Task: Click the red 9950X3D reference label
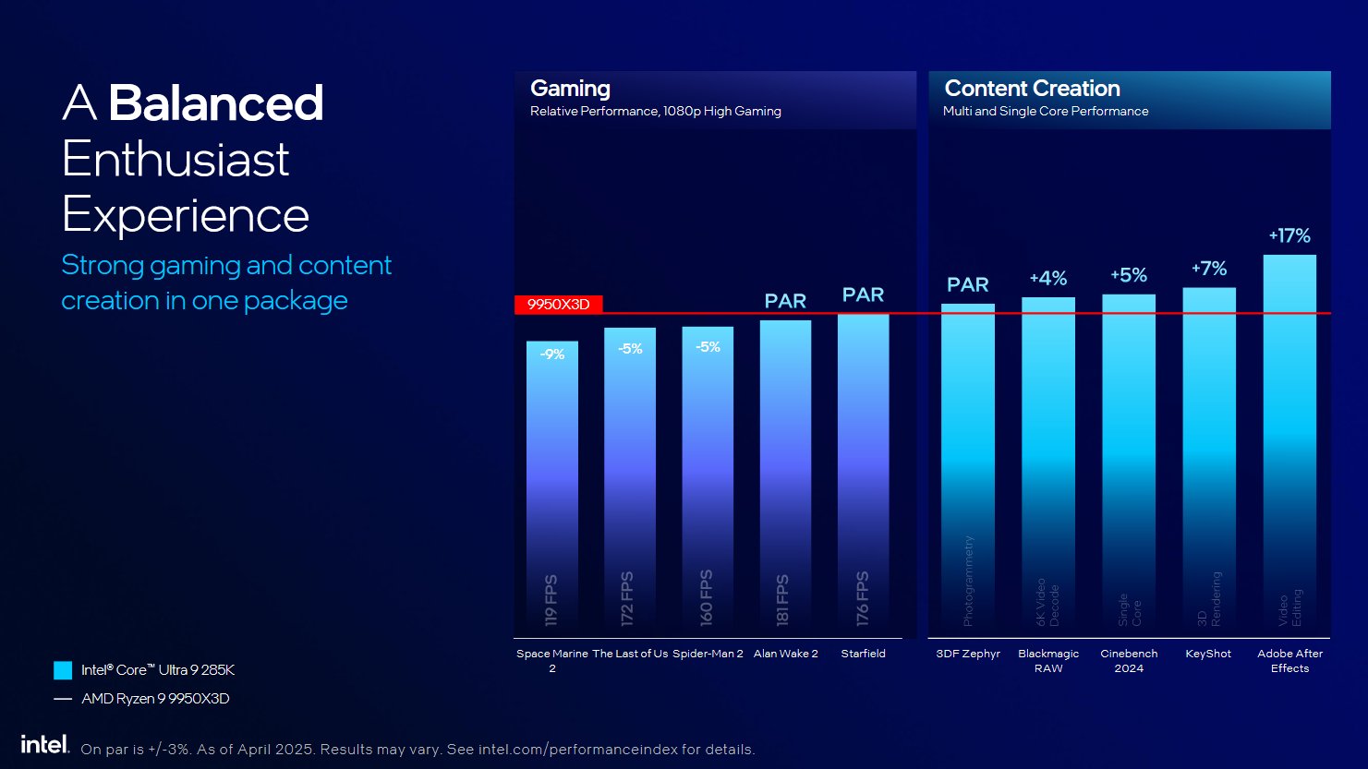point(558,305)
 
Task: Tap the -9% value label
point(552,354)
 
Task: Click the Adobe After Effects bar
point(1289,443)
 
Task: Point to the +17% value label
point(1289,236)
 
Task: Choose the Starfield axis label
point(863,654)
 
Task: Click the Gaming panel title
point(570,89)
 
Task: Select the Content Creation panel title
point(1032,89)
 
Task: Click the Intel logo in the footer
point(44,744)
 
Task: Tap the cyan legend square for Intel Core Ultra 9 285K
point(63,670)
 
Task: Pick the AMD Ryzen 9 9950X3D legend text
point(155,699)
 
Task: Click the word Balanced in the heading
point(216,103)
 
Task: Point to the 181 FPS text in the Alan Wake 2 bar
point(783,600)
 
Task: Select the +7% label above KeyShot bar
point(1209,269)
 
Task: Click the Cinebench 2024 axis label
point(1129,660)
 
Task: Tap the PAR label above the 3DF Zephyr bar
point(967,285)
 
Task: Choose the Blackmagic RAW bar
point(1048,462)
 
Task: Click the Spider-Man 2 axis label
point(708,654)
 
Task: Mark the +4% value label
point(1048,279)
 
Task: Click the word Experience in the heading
point(186,215)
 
